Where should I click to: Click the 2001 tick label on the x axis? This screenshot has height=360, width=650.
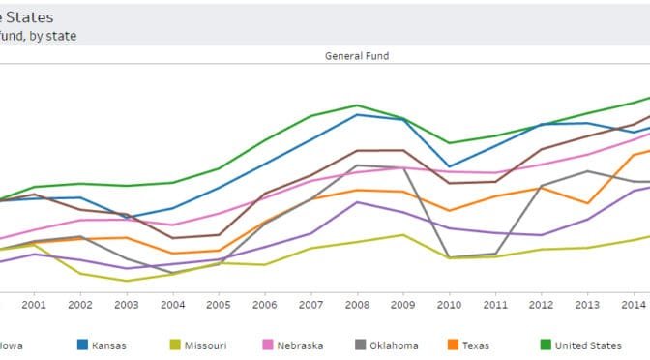(34, 304)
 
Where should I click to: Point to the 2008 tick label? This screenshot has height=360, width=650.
(357, 304)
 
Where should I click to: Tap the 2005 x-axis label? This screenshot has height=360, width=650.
(219, 304)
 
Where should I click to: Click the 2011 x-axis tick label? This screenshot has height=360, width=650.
(495, 304)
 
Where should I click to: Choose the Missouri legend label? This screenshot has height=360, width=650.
(205, 345)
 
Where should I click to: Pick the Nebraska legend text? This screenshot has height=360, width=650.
(300, 345)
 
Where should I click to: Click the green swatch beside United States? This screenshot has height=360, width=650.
(545, 345)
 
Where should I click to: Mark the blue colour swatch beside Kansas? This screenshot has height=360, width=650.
(83, 345)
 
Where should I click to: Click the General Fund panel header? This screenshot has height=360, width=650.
(357, 56)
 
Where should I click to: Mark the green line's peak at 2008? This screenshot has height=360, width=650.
(357, 105)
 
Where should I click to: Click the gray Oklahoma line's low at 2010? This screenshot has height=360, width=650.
(449, 257)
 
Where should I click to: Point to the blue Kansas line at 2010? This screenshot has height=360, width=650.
(449, 166)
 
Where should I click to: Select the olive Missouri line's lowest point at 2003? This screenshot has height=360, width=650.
(126, 281)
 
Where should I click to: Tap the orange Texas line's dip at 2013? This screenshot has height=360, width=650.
(587, 203)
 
